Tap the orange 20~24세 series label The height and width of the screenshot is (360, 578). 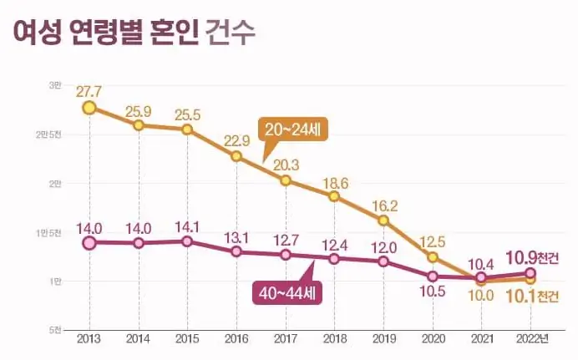(295, 129)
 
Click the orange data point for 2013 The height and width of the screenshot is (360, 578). (89, 107)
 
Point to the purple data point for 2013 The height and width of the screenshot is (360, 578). (89, 243)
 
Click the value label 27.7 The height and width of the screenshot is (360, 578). (89, 89)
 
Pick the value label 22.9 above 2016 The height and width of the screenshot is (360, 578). (238, 139)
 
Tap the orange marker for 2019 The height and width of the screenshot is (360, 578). (383, 221)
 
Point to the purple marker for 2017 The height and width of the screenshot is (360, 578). (286, 254)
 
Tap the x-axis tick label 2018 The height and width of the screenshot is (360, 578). (334, 338)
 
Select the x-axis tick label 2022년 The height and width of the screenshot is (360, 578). (533, 338)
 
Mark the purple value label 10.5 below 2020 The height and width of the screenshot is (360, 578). (433, 292)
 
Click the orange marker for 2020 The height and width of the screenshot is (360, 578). (433, 256)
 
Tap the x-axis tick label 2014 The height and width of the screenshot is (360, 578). (138, 338)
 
